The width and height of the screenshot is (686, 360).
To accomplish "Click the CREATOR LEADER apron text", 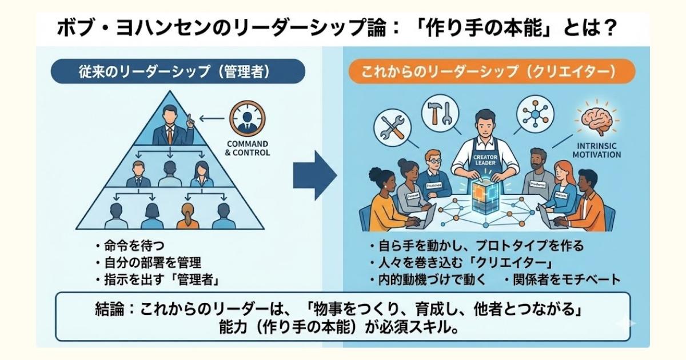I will [x=484, y=159].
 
